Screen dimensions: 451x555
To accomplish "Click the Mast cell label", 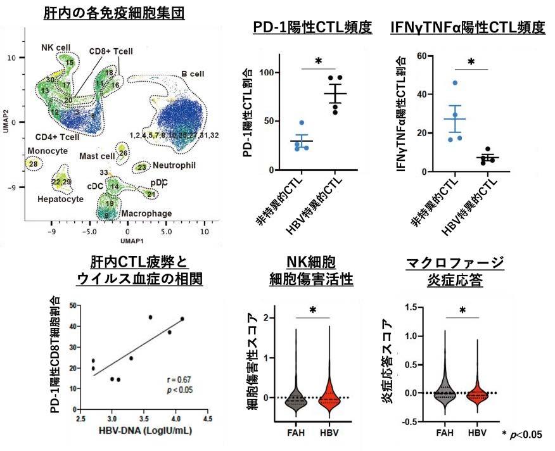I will click(x=97, y=156).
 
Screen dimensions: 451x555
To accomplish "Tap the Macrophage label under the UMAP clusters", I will click(x=146, y=213).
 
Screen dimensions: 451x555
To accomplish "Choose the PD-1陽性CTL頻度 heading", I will click(x=312, y=28).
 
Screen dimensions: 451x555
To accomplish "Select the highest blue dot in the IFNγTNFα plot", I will click(x=454, y=83).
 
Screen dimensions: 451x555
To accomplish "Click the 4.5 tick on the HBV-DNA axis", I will click(x=207, y=419).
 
